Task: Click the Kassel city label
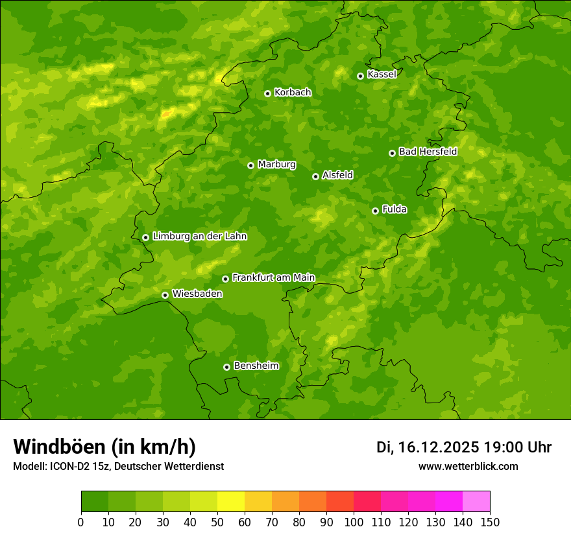coord(382,75)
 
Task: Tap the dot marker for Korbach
coord(267,93)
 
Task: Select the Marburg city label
coord(276,165)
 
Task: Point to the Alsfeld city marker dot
coord(315,176)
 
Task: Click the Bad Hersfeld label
coord(428,152)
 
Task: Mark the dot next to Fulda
coord(375,211)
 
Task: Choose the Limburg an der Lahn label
coord(199,237)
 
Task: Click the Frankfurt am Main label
coord(273,277)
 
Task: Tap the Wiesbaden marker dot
coord(165,295)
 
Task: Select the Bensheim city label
coord(256,366)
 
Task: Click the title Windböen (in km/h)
coord(104,447)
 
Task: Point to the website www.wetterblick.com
coord(468,466)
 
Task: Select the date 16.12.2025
coord(439,447)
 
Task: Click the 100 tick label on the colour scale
coord(354,522)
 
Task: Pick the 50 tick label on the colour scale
coord(217,522)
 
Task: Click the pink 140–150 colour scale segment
coord(476,502)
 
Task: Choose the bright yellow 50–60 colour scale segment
coord(231,502)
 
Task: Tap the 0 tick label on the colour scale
coord(81,522)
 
